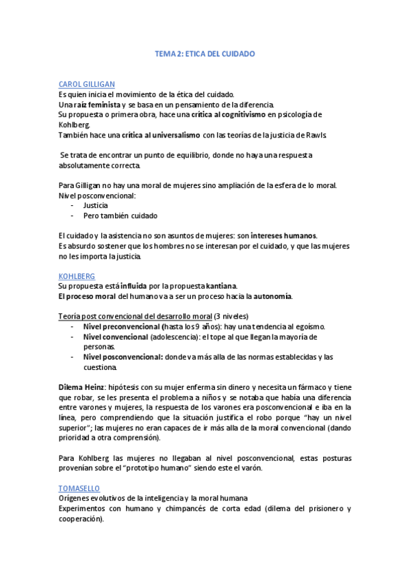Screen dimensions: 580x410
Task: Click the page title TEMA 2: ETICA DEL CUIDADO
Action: pos(205,53)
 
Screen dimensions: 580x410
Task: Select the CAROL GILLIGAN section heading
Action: pos(86,83)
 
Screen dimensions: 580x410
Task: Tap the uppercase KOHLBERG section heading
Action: pos(77,276)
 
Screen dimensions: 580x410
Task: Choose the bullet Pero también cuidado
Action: pos(120,215)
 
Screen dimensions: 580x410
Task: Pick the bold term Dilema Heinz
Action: pos(81,387)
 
